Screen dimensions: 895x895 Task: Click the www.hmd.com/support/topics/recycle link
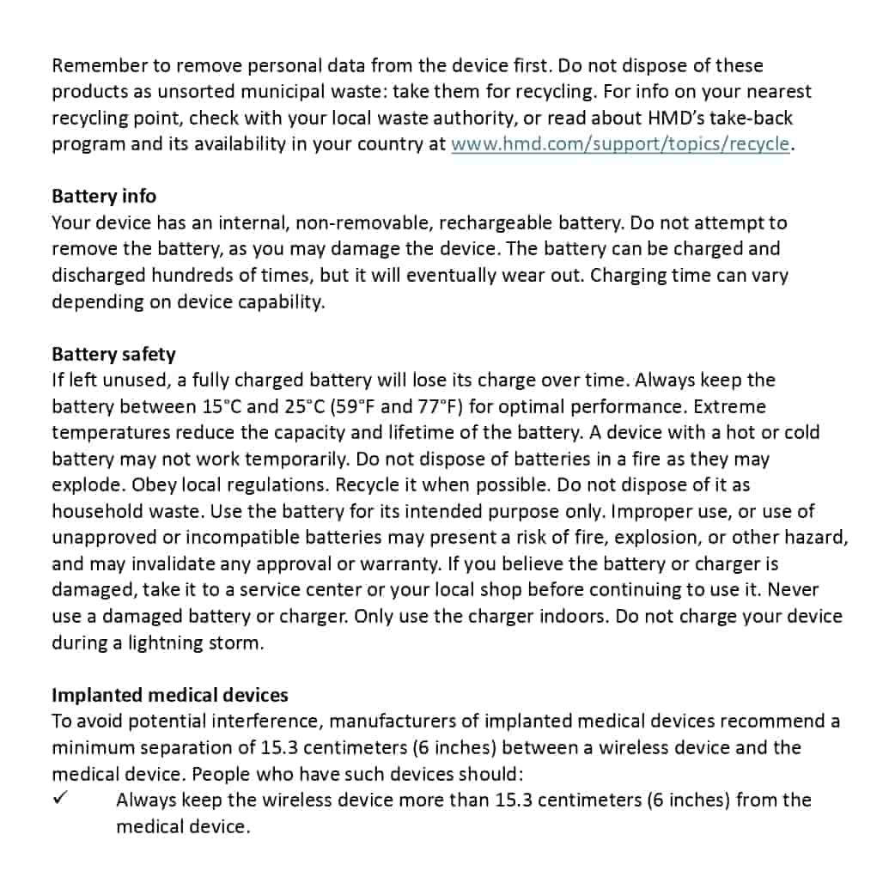tap(619, 143)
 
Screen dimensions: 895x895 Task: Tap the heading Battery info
tap(104, 196)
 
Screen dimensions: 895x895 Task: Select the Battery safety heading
tap(113, 354)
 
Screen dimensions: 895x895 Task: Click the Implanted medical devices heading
tap(170, 694)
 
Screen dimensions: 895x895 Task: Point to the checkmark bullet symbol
tap(60, 798)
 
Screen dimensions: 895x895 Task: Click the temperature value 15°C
tap(222, 406)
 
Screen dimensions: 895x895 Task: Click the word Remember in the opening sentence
tap(92, 65)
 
